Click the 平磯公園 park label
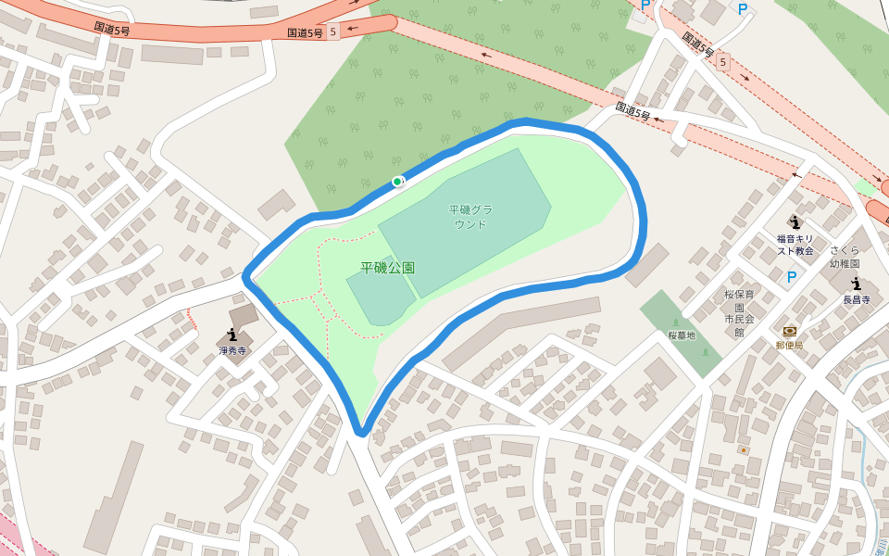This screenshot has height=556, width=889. click(x=387, y=268)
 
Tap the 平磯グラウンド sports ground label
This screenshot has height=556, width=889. click(x=470, y=217)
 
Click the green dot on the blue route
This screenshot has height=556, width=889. click(x=397, y=182)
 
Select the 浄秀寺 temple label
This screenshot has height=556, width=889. click(x=232, y=351)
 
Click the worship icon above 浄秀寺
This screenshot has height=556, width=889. click(x=232, y=335)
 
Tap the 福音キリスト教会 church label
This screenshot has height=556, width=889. click(x=795, y=245)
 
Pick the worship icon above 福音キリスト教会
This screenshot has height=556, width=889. click(x=795, y=221)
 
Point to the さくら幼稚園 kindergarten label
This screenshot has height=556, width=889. click(x=845, y=257)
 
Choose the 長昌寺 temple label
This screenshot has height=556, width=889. click(x=857, y=299)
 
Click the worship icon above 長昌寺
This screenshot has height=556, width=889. click(x=856, y=283)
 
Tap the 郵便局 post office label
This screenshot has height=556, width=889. click(x=789, y=346)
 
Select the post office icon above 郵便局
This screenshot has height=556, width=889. click(x=789, y=331)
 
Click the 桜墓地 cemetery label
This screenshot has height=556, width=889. click(x=682, y=335)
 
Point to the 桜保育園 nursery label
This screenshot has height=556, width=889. click(x=739, y=300)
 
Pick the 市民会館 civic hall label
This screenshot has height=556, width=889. click(x=739, y=325)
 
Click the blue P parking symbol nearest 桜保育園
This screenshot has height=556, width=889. click(x=791, y=277)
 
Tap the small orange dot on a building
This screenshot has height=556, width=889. click(x=743, y=450)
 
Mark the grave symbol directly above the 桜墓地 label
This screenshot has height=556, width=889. click(x=675, y=322)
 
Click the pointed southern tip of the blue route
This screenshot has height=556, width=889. click(x=362, y=431)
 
